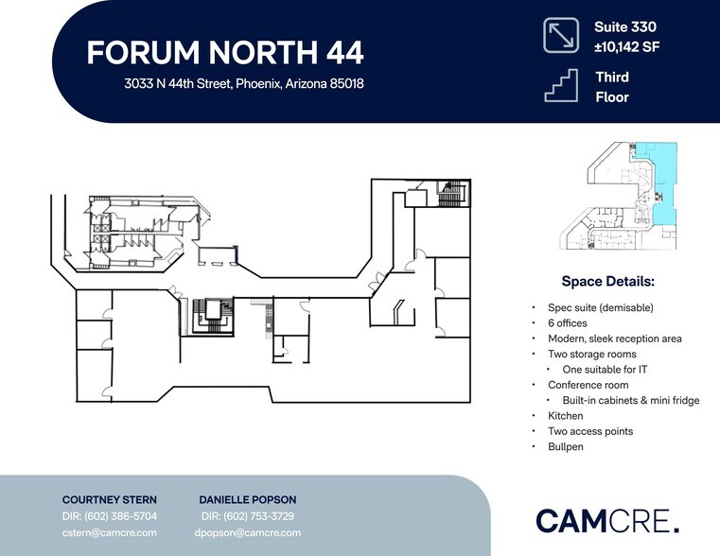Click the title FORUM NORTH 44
[224, 52]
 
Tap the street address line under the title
[244, 83]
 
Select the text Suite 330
[624, 26]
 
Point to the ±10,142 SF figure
[625, 45]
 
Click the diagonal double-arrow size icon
[560, 35]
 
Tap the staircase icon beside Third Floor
[560, 85]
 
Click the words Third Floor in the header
[612, 86]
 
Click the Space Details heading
[607, 282]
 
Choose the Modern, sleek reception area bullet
[614, 339]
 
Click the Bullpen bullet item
[565, 446]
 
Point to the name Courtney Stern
[109, 499]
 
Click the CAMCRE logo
[606, 520]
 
